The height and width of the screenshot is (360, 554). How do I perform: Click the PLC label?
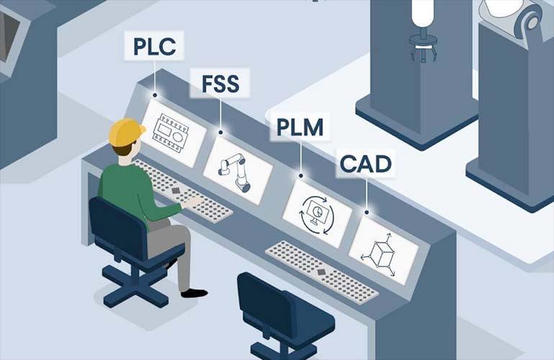point(154,46)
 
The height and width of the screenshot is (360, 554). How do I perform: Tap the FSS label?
point(220,84)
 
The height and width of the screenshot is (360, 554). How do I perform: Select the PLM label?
point(300,127)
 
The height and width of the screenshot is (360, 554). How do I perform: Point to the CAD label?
point(365,163)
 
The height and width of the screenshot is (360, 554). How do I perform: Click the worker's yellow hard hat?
point(126,132)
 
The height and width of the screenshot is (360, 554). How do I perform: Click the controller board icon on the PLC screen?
point(171,133)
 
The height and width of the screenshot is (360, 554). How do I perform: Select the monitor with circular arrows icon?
point(317,215)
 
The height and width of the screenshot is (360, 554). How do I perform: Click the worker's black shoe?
point(194,293)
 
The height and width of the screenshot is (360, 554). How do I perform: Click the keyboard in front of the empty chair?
point(322,272)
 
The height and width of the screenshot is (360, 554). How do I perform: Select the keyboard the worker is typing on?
point(183,192)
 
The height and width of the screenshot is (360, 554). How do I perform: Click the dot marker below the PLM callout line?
point(301,176)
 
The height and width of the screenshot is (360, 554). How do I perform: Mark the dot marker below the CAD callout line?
point(367,212)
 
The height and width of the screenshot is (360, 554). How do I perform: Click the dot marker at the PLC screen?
point(155,95)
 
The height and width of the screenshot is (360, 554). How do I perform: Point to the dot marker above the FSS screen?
point(220,132)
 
